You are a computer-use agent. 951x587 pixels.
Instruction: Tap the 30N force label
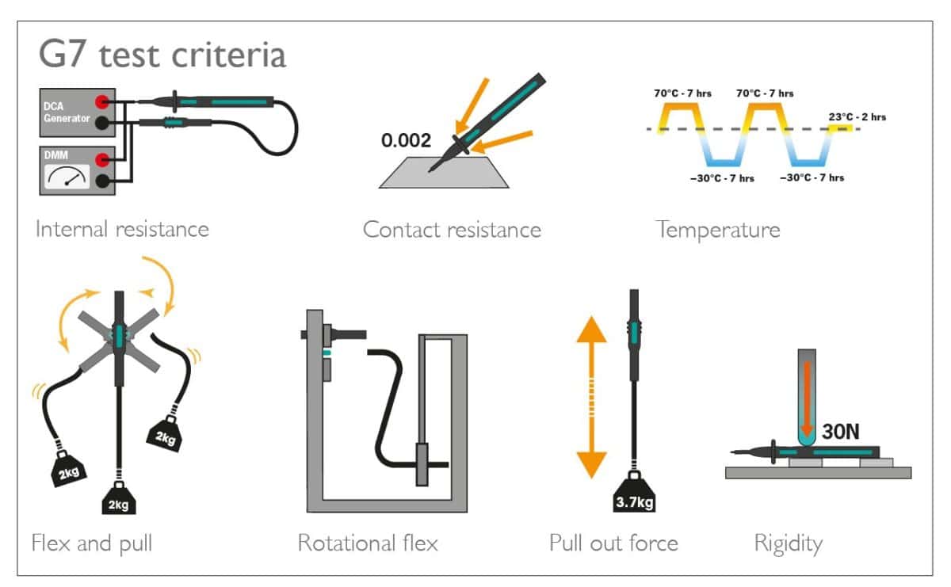pos(841,432)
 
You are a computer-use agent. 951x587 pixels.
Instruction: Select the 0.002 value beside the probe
pos(406,140)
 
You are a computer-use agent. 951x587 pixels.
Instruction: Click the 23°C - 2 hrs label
pos(857,116)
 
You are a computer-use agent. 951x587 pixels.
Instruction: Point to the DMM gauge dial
pos(67,176)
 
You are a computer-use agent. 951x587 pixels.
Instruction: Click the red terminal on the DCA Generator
pos(102,102)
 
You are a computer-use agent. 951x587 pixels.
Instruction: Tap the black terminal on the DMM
pos(102,181)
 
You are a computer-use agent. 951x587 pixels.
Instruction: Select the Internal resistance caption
pos(122,229)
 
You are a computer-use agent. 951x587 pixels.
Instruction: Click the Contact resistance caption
pos(452,230)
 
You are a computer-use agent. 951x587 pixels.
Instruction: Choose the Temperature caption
pos(718,231)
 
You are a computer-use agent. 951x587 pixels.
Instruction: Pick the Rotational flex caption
pos(368,543)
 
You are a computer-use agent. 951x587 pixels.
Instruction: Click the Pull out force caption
pos(613,543)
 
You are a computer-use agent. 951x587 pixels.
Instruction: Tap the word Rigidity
pos(789,544)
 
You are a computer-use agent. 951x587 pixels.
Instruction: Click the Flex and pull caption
pos(92,543)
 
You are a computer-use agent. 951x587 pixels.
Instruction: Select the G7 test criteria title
pos(162,55)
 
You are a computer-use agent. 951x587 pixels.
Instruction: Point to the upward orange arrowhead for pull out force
pos(591,330)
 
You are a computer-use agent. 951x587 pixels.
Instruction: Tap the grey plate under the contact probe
pos(444,173)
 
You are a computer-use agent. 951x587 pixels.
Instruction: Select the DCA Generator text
pos(67,112)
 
